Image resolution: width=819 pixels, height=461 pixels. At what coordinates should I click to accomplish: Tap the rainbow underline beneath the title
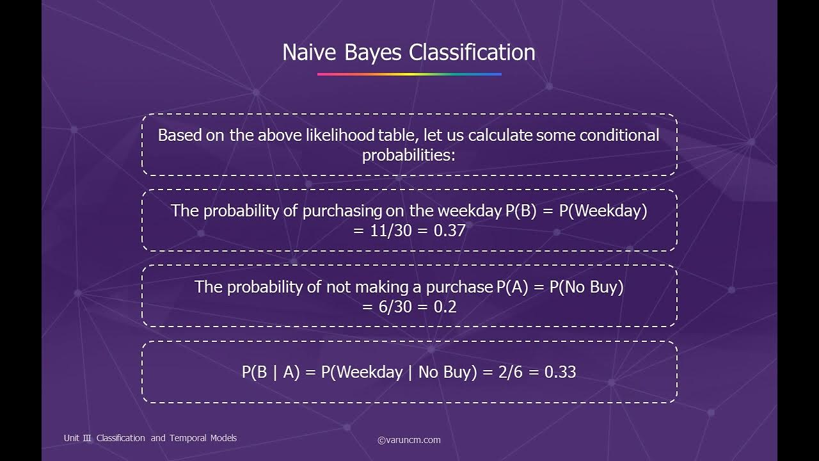409,74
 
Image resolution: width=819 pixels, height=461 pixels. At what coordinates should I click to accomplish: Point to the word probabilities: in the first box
409,156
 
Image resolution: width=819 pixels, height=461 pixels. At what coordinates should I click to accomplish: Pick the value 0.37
449,230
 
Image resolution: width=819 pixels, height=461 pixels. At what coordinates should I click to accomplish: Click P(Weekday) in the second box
603,211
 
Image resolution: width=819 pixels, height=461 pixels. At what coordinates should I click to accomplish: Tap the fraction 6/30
394,307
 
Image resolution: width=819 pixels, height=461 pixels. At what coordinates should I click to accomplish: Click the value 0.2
445,307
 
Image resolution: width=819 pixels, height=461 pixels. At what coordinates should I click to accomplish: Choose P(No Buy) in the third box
586,287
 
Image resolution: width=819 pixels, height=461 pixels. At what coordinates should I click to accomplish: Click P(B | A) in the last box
271,372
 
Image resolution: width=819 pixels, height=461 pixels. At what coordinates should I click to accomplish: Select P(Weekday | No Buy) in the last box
399,372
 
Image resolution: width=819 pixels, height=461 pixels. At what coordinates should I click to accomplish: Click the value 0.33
560,372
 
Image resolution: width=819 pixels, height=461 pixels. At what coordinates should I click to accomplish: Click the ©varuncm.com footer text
409,440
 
